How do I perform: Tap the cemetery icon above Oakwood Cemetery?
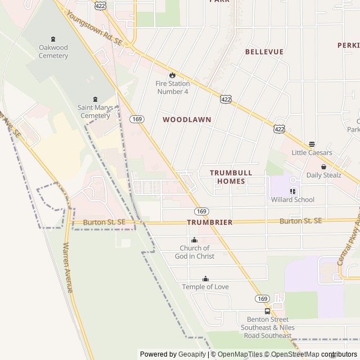[53, 39]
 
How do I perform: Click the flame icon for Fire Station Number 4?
[172, 75]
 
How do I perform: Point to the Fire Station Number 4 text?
[172, 87]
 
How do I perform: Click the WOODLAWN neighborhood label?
[187, 120]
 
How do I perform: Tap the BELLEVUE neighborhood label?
[264, 52]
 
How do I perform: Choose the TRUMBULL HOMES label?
[231, 177]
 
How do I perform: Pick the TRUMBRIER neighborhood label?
[209, 222]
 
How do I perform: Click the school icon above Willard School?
[292, 191]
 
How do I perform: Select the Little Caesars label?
[312, 152]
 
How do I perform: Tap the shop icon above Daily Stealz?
[323, 166]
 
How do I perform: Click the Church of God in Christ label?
[194, 252]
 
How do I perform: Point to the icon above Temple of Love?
[205, 278]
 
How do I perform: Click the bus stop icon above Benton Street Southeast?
[267, 311]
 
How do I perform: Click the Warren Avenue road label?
[69, 268]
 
